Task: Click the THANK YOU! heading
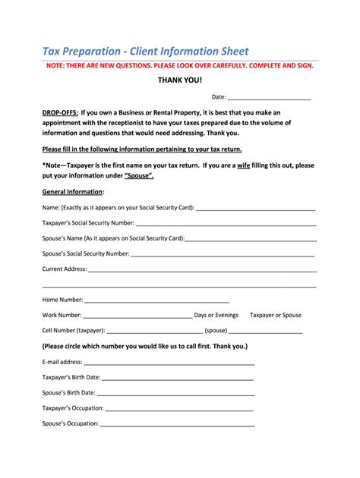click(x=180, y=80)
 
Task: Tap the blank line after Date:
click(x=269, y=98)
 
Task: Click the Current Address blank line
click(x=202, y=269)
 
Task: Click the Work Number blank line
click(x=137, y=316)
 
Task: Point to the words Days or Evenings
click(x=216, y=315)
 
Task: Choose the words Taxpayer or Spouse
click(x=276, y=315)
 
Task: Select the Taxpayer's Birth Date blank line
click(x=178, y=378)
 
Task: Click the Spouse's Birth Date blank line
click(x=175, y=393)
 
